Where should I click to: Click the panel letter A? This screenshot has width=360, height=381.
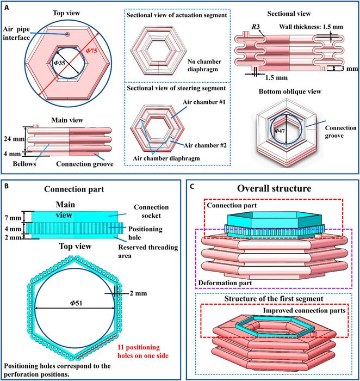(7, 8)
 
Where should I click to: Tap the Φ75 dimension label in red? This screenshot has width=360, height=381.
(91, 51)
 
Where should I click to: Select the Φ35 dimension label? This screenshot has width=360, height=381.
(59, 63)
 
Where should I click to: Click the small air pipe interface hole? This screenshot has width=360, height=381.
(67, 34)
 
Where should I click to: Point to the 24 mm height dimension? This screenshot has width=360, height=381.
(14, 139)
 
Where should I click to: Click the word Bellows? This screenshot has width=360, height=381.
(24, 164)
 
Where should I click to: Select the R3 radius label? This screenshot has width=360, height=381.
(256, 27)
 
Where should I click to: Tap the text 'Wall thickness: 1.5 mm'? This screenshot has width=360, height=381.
(311, 27)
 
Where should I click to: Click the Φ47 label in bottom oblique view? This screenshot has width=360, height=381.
(280, 131)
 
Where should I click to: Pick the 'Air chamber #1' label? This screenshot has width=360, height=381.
(204, 102)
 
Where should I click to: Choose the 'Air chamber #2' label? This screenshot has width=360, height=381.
(205, 145)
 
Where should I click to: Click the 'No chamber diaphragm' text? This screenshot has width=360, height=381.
(204, 65)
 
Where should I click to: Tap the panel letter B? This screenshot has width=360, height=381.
(7, 186)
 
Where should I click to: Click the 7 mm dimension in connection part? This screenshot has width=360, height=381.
(13, 218)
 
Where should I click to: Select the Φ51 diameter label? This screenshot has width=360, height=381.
(76, 303)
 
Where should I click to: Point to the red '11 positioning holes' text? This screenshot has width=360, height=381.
(142, 352)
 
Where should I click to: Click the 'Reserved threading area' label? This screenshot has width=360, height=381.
(148, 251)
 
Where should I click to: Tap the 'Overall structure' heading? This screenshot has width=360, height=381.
(274, 188)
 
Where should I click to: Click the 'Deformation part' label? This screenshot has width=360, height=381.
(225, 283)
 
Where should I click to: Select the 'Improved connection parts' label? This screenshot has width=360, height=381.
(304, 311)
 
